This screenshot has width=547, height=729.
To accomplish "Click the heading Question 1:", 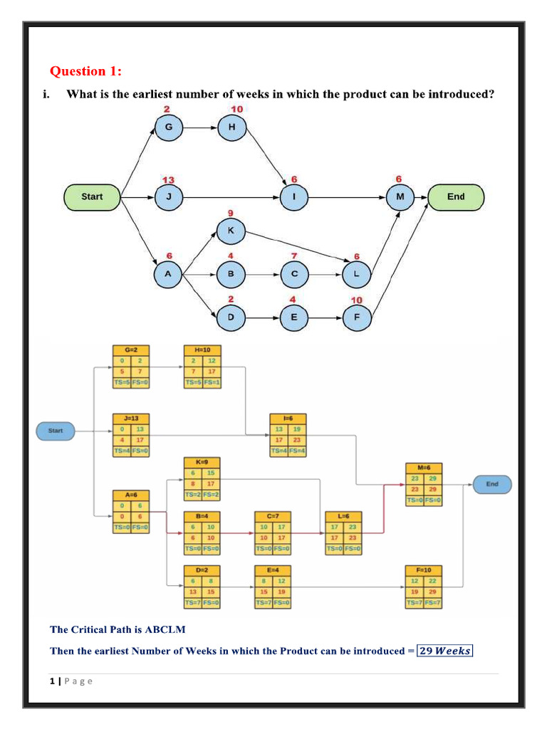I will click(85, 71).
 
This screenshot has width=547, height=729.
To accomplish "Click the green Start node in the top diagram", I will click(92, 197).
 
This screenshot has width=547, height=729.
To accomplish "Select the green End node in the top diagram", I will click(456, 197).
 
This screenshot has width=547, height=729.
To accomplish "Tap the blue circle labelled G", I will click(169, 127).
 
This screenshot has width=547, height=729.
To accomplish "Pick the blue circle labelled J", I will click(169, 197).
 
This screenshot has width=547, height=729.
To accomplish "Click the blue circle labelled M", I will click(400, 197).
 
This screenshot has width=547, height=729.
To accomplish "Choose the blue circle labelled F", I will click(357, 317).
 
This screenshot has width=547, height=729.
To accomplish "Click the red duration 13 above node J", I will click(169, 179).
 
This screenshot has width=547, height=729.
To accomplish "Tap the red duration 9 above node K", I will click(230, 214).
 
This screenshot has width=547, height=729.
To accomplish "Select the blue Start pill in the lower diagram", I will click(56, 431).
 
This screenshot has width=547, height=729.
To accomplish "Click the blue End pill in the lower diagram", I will click(492, 484).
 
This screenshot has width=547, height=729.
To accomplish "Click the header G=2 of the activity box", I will click(131, 350).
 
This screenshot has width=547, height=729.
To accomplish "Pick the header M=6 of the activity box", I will click(424, 467).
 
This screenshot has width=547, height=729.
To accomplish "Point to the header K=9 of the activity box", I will click(202, 461).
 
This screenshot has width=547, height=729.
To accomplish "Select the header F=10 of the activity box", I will click(424, 570).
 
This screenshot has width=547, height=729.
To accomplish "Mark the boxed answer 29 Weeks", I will click(444, 651).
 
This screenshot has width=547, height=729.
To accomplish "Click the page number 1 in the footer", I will click(53, 681).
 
